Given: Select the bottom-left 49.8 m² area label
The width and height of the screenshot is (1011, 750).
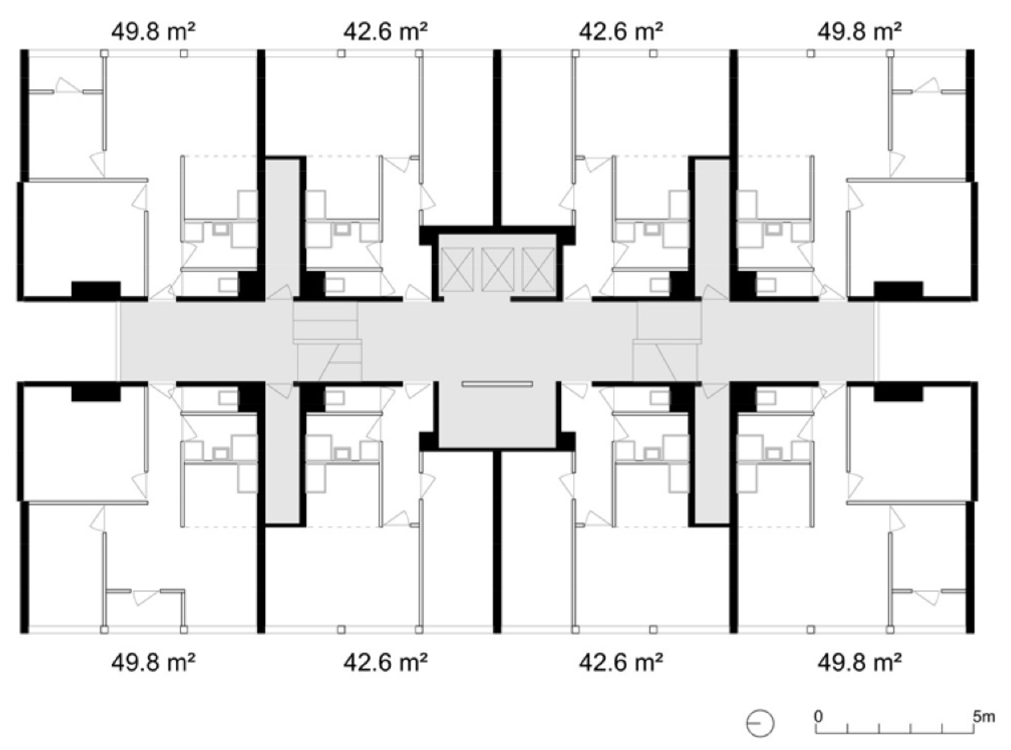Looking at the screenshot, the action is (153, 663).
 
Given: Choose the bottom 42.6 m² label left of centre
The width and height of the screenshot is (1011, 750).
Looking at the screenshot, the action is (385, 663).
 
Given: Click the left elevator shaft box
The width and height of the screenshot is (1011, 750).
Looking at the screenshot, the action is (456, 270).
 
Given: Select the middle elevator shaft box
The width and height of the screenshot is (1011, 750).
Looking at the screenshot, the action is (498, 270).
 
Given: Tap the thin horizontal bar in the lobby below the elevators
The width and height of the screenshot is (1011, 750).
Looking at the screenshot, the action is (497, 384).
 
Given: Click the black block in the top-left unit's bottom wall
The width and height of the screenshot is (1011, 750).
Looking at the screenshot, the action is (96, 290).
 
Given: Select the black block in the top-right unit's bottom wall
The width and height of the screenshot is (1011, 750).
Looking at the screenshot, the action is (899, 290).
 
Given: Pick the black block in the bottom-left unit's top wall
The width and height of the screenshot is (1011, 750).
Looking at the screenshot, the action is (96, 393).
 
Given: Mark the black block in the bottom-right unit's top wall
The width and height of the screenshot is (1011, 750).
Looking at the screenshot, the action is (899, 393).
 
